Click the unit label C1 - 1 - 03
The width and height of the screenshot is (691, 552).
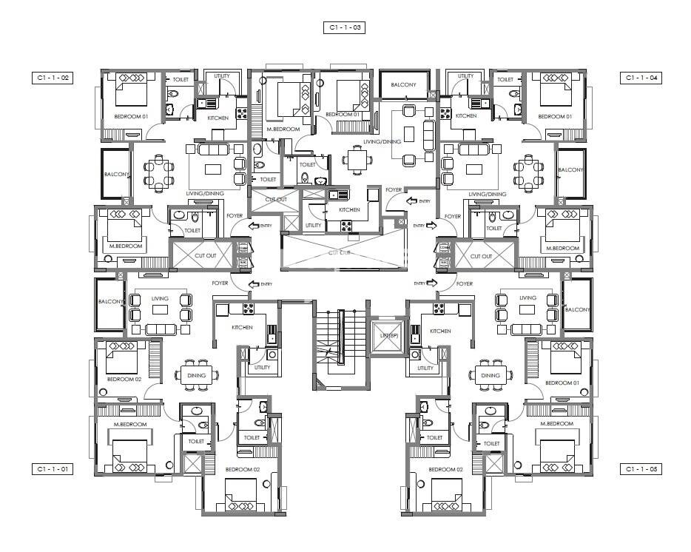point(345,27)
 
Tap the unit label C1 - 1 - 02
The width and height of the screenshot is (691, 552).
point(53,77)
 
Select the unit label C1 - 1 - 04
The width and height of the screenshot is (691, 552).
point(641,77)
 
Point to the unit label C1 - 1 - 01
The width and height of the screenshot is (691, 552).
point(53,469)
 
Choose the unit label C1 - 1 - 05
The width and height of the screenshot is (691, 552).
point(641,469)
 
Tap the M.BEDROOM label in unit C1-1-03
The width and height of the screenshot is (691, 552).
point(283,129)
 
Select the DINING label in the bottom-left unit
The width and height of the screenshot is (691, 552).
point(196,375)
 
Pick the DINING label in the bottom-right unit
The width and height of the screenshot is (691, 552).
point(491,375)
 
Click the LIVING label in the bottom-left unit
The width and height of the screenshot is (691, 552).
point(160,298)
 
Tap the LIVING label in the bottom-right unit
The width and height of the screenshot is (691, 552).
point(527,298)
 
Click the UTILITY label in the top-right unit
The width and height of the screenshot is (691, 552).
point(465,76)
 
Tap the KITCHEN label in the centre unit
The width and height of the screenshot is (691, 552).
point(349,209)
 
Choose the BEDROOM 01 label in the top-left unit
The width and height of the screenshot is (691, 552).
point(131,117)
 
